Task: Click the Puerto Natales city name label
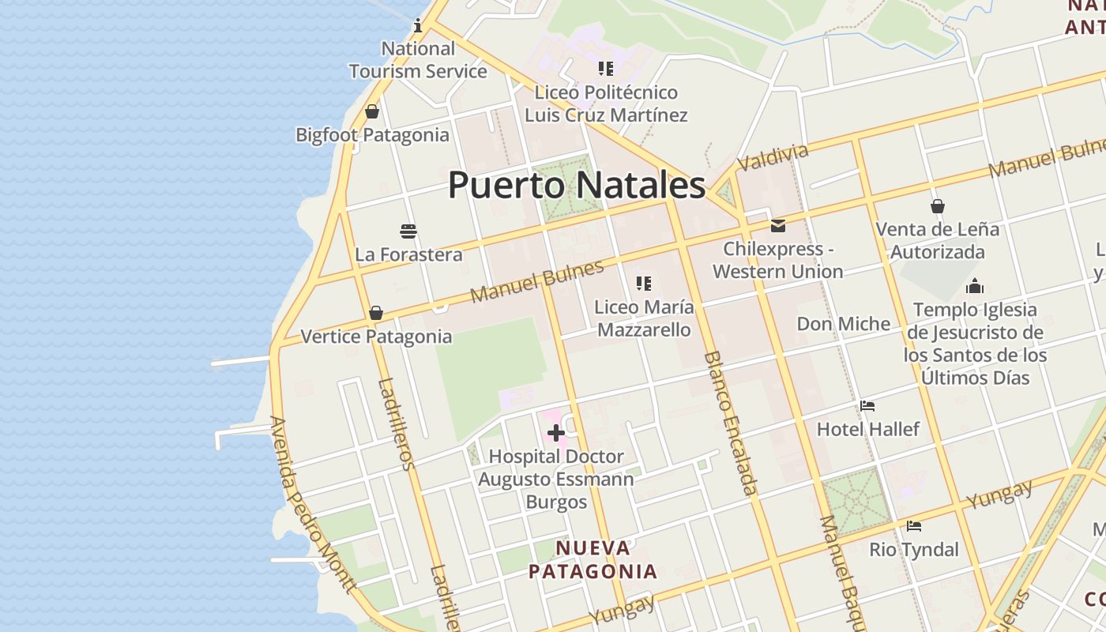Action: click(x=576, y=185)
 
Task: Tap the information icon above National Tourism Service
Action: click(x=418, y=26)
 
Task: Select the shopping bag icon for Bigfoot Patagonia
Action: click(x=372, y=111)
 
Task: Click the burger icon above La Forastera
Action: click(x=408, y=231)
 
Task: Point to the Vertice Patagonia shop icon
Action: click(x=376, y=313)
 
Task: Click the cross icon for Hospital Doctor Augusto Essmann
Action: click(x=556, y=433)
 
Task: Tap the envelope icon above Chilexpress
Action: click(x=778, y=226)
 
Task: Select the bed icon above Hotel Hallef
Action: click(x=867, y=406)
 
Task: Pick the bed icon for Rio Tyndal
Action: click(x=914, y=526)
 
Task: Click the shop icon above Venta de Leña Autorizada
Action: click(x=937, y=206)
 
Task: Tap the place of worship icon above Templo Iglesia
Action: click(x=975, y=286)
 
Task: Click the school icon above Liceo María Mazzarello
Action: click(x=644, y=284)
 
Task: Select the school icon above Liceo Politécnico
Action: click(x=606, y=69)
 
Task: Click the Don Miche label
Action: click(x=843, y=324)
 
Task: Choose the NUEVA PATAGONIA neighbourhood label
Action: click(x=592, y=559)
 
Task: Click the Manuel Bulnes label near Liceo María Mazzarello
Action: click(x=536, y=281)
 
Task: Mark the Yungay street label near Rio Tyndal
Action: click(x=999, y=495)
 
